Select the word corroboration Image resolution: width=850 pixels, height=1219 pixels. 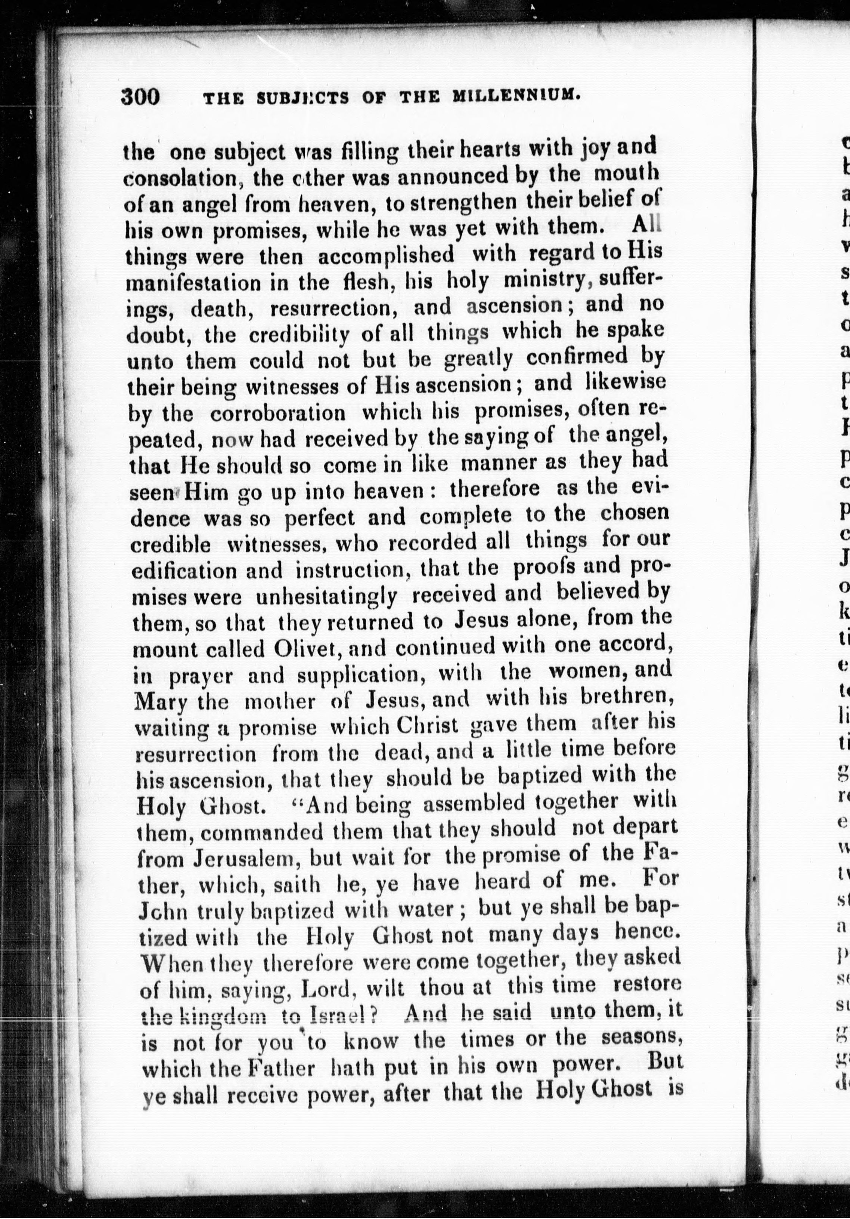pos(277,413)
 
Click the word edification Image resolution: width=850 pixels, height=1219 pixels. pos(184,571)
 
